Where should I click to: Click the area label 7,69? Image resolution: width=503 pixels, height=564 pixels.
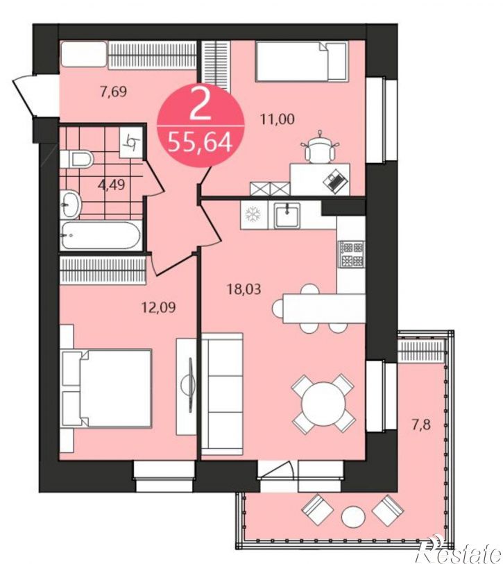(x=114, y=92)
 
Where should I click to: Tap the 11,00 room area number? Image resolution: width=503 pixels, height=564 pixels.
(x=278, y=119)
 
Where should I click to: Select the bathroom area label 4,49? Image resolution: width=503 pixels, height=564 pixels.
(x=112, y=185)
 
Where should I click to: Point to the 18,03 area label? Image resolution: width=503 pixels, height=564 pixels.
(x=244, y=289)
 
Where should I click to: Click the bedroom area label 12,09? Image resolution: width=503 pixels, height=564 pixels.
(x=159, y=307)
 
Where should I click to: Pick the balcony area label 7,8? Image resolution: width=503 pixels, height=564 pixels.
(x=421, y=425)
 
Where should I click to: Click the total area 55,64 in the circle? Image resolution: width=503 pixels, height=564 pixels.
(x=200, y=142)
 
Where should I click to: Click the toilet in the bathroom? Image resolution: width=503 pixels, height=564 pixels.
(x=76, y=159)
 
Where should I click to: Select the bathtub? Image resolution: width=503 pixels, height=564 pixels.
(x=100, y=236)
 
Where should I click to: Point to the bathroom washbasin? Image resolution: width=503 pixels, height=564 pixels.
(x=70, y=205)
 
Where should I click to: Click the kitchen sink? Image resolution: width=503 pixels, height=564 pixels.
(x=287, y=215)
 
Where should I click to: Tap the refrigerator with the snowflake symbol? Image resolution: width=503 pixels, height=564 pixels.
(x=254, y=215)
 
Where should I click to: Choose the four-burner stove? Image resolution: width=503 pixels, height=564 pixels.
(x=352, y=254)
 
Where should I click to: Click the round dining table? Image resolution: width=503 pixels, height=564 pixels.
(x=323, y=403)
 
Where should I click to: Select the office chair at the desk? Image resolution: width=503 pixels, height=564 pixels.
(x=320, y=148)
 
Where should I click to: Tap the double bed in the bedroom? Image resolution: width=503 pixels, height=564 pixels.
(x=106, y=388)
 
